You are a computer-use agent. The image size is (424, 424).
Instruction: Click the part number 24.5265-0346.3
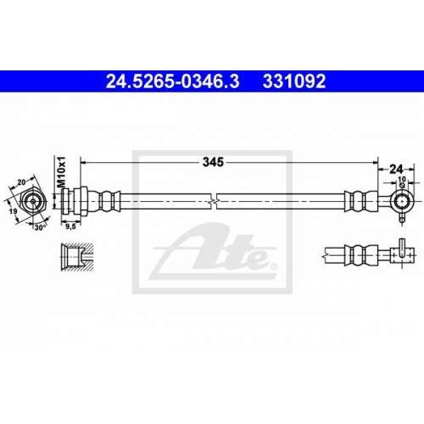172,81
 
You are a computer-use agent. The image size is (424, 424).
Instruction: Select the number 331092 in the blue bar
294,81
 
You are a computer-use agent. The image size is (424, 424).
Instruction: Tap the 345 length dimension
213,162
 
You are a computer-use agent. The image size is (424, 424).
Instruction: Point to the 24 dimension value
396,170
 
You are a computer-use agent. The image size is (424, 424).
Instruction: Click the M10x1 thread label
61,172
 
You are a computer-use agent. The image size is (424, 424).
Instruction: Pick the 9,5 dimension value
70,226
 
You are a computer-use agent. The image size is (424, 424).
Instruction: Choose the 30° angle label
40,227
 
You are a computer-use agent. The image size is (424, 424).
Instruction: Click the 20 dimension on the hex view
21,182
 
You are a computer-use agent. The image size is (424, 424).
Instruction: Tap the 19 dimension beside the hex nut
13,211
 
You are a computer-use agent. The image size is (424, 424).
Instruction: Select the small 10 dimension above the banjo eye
402,179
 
